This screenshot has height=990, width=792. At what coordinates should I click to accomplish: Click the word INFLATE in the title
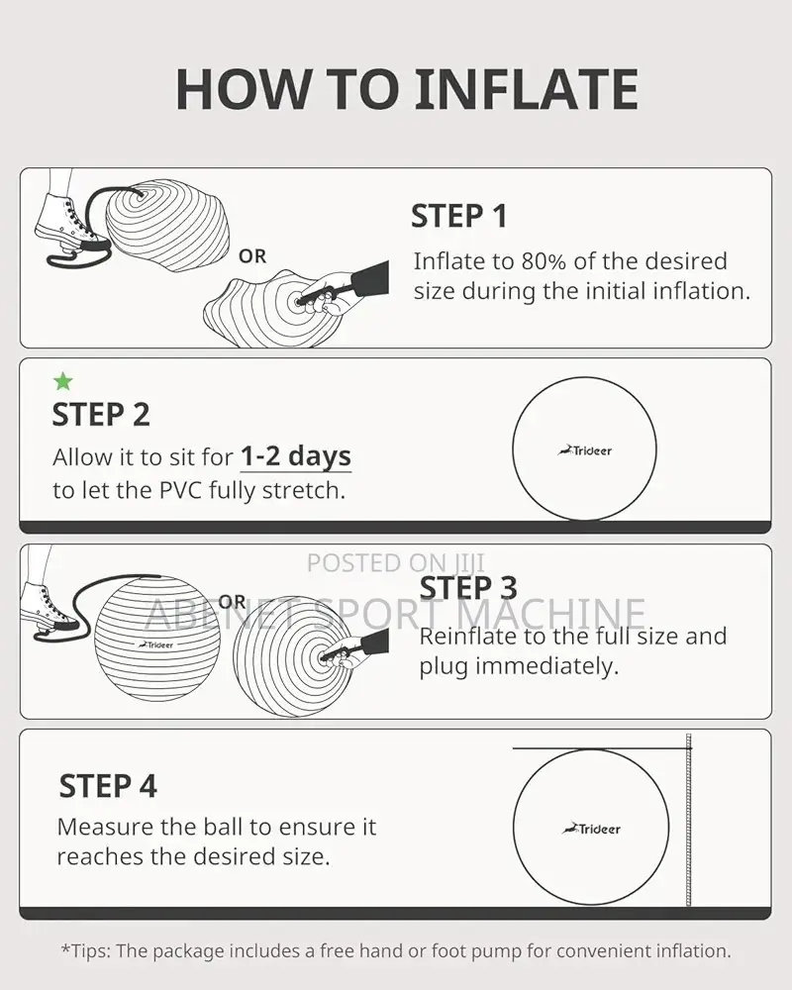[526, 89]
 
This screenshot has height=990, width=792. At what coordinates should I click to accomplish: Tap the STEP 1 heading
[459, 216]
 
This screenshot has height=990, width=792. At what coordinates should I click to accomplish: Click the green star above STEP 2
[63, 381]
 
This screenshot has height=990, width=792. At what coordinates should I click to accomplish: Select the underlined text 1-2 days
[296, 456]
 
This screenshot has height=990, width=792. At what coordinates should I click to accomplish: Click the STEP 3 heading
[468, 588]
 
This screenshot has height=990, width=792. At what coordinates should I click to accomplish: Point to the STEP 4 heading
[108, 786]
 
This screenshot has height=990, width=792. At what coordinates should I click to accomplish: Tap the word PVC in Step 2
[181, 490]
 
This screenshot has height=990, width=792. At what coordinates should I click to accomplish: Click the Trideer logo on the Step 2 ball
[585, 450]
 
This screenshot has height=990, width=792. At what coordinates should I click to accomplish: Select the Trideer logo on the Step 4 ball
[591, 829]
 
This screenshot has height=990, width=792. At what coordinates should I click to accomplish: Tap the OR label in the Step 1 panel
[252, 256]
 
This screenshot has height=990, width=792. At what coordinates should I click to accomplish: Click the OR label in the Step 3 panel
[232, 602]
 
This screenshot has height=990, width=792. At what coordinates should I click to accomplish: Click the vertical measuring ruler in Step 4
[688, 820]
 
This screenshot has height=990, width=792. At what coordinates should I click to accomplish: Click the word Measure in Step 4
[105, 827]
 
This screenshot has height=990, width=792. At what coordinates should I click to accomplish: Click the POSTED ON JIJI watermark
[396, 562]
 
